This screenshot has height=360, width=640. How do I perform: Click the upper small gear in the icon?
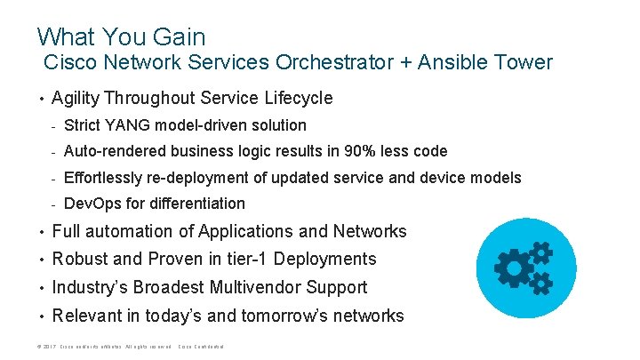540,253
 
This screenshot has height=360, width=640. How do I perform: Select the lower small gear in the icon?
540,283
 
